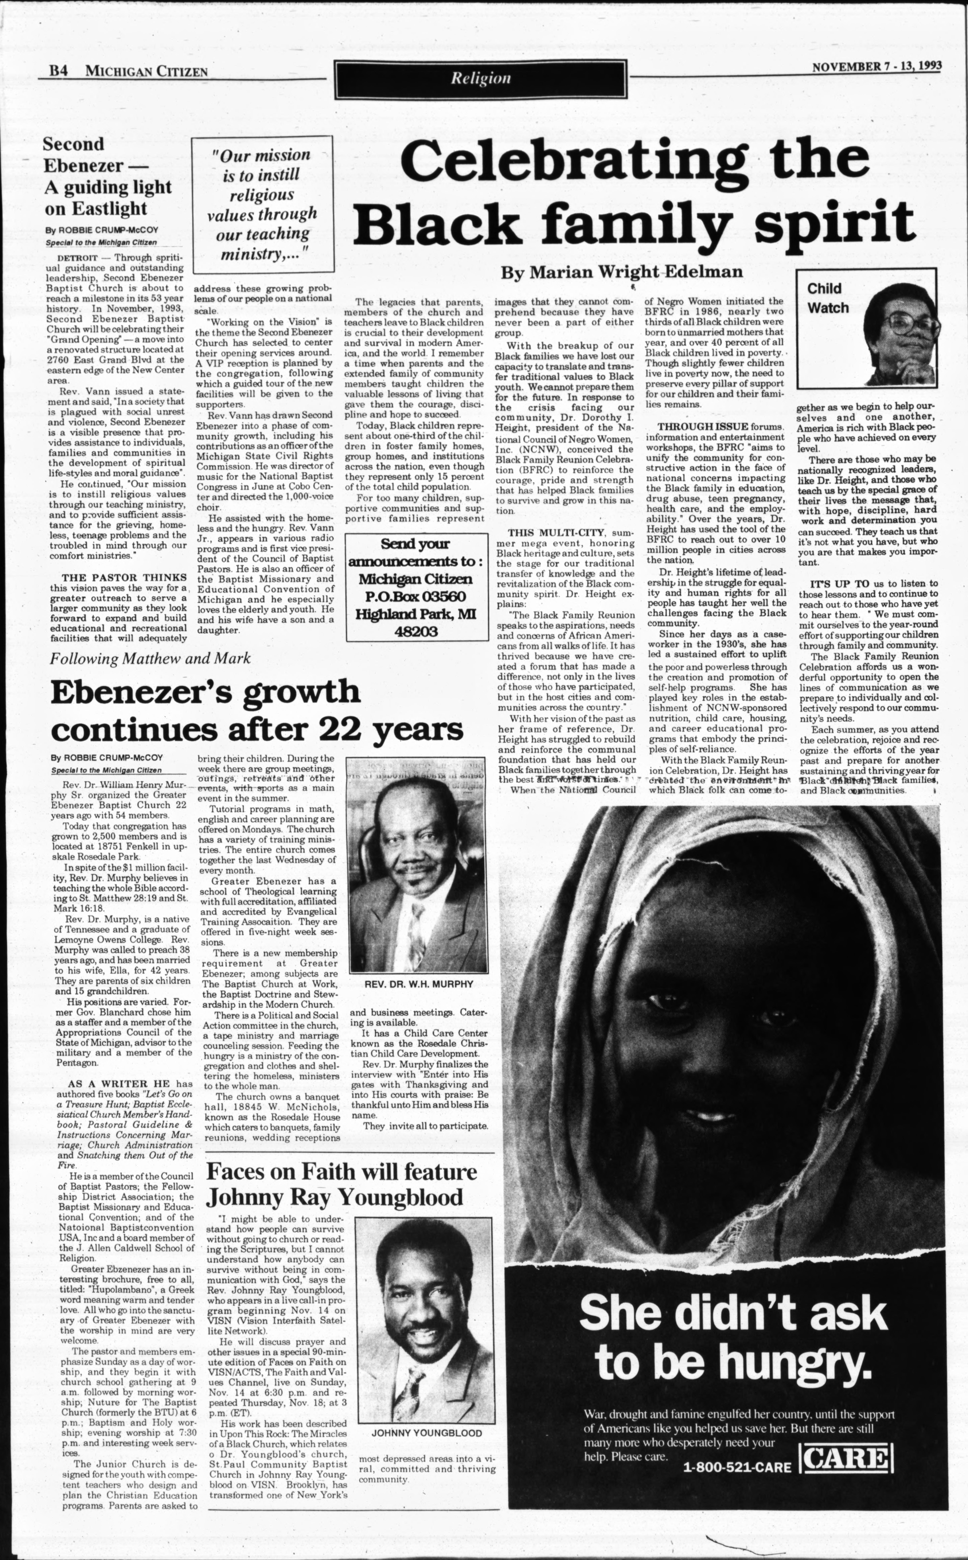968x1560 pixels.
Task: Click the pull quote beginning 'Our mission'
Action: tap(263, 205)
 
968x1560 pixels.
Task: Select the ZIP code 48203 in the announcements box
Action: tap(415, 631)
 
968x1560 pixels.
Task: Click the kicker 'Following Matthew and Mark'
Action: tap(150, 658)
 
